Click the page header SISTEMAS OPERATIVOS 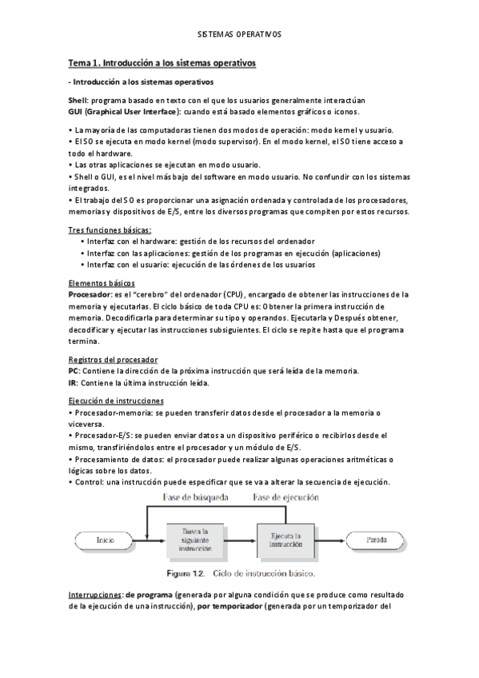(x=239, y=35)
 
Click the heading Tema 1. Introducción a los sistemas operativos (x=162, y=62)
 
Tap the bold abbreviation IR (x=74, y=383)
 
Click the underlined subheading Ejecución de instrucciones (x=117, y=401)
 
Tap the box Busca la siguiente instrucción (x=194, y=540)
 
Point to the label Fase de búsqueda (x=196, y=497)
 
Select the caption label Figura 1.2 (x=187, y=573)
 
